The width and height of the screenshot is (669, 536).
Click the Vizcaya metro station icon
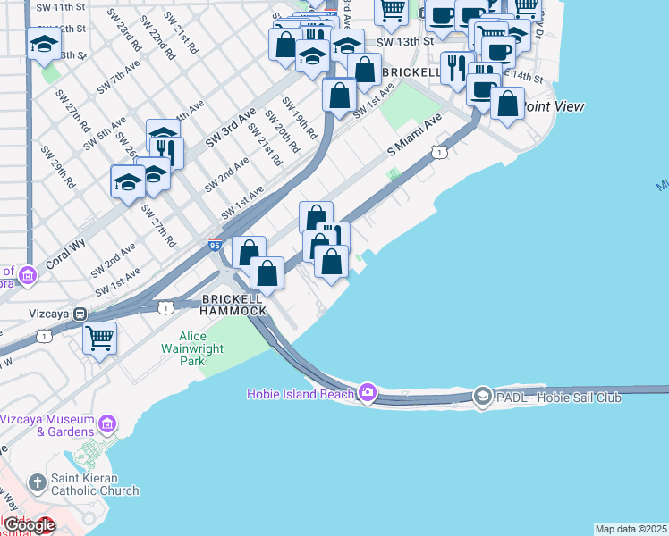(x=80, y=314)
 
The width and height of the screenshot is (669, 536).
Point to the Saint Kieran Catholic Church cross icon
(x=37, y=483)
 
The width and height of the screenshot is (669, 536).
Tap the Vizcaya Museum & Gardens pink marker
(x=107, y=422)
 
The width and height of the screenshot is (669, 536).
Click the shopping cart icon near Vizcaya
(x=99, y=338)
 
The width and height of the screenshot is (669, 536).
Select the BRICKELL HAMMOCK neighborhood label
(x=234, y=305)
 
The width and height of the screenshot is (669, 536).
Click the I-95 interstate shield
(x=215, y=244)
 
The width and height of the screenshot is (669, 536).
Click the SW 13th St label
(x=404, y=41)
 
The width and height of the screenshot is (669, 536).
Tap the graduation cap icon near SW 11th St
(x=43, y=42)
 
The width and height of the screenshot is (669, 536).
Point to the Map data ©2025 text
(x=631, y=529)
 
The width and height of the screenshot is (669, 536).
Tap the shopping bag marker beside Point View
(x=507, y=104)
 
